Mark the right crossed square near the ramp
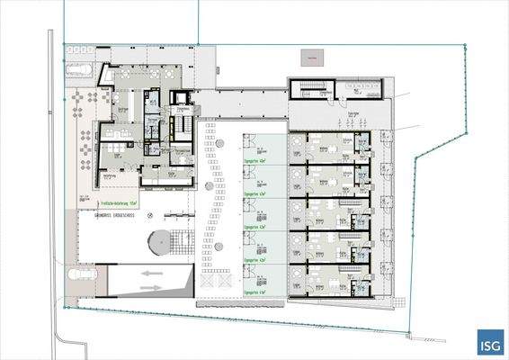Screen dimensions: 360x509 (225, 284)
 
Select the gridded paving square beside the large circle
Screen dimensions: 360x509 (184, 242)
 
